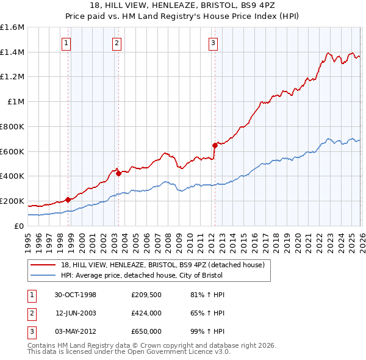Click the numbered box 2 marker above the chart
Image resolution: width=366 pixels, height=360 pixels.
point(116,43)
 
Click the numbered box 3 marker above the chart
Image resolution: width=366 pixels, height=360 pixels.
point(213,43)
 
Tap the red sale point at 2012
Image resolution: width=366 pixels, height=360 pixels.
point(215,145)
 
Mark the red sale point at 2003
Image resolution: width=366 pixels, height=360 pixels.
point(118,173)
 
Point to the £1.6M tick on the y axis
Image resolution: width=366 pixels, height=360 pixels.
point(12,27)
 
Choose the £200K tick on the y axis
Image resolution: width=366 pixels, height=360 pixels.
point(12,201)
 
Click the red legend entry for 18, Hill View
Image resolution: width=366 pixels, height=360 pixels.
point(162,265)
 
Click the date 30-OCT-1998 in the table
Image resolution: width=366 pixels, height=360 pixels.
point(75,295)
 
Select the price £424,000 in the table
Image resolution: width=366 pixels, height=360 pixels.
point(146,313)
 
